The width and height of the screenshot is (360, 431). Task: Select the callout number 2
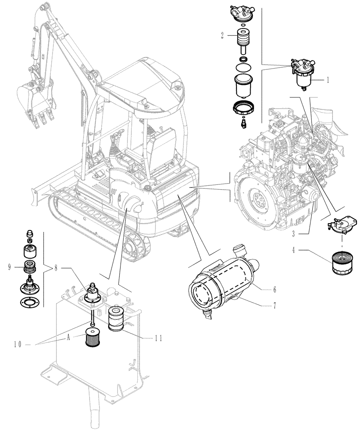point(222,36)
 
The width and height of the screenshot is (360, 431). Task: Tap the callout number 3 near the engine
point(293,234)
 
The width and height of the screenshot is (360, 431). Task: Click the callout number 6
point(274,289)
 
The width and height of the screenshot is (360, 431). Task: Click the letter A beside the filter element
point(68,339)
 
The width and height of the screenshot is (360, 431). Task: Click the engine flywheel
point(258,200)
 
